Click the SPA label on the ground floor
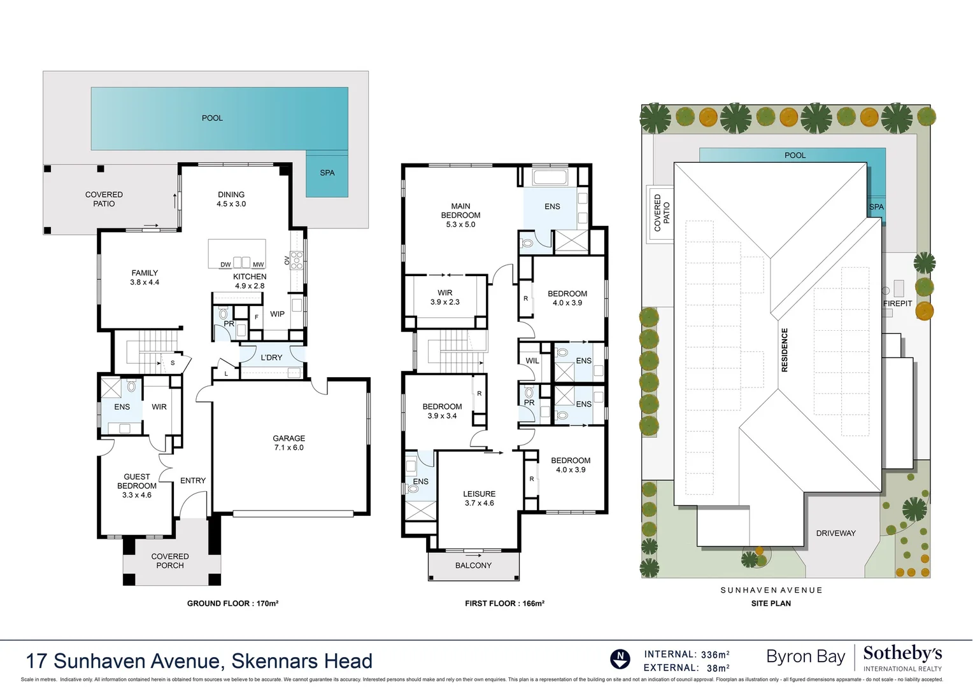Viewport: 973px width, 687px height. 327,172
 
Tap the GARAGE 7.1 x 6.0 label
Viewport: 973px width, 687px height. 288,443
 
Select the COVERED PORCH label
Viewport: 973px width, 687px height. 170,560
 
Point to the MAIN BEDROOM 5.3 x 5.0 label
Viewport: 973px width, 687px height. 460,215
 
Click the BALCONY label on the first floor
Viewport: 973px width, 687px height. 473,565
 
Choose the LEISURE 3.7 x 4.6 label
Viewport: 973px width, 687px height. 479,498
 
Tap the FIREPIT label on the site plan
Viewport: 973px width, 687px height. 897,303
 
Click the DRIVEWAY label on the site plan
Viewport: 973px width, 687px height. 835,533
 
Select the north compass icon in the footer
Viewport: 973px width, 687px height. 620,659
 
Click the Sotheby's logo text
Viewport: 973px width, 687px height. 902,653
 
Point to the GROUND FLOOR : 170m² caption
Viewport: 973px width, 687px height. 232,603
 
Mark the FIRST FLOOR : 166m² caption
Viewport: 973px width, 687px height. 504,603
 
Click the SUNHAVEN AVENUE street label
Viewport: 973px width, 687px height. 771,590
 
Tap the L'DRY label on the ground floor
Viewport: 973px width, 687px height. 271,357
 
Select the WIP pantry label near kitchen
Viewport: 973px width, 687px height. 277,314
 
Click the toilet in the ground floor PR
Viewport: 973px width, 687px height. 223,314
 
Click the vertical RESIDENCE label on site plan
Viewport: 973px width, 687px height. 785,350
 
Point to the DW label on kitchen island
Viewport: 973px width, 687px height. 225,265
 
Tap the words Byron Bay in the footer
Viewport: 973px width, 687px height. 806,656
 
